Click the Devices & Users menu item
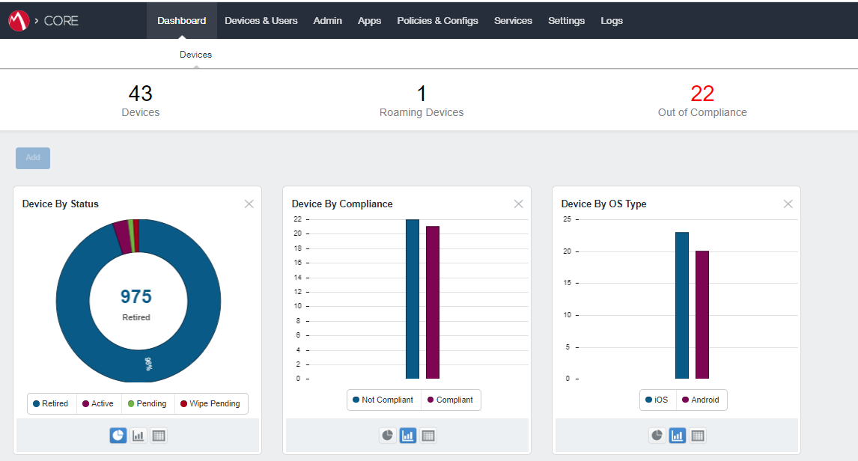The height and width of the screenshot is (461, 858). [261, 20]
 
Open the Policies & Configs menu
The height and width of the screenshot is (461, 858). [437, 20]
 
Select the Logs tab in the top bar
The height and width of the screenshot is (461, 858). [611, 20]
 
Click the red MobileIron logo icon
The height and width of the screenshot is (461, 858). [18, 21]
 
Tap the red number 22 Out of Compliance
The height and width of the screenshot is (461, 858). [702, 94]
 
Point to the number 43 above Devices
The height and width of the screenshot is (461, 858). [140, 94]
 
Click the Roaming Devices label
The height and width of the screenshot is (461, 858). [422, 112]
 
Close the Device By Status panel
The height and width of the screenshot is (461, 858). [249, 204]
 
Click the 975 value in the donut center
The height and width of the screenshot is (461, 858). [136, 297]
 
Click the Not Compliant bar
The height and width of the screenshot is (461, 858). [413, 299]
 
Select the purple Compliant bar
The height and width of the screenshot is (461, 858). [433, 302]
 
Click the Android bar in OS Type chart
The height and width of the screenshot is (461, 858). [702, 314]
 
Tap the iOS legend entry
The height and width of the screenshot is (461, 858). [657, 400]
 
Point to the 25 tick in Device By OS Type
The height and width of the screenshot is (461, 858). [567, 219]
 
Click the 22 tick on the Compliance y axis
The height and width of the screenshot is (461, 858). [297, 219]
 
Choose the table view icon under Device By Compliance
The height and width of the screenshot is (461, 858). [428, 436]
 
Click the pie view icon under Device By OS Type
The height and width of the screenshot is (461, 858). [657, 436]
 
